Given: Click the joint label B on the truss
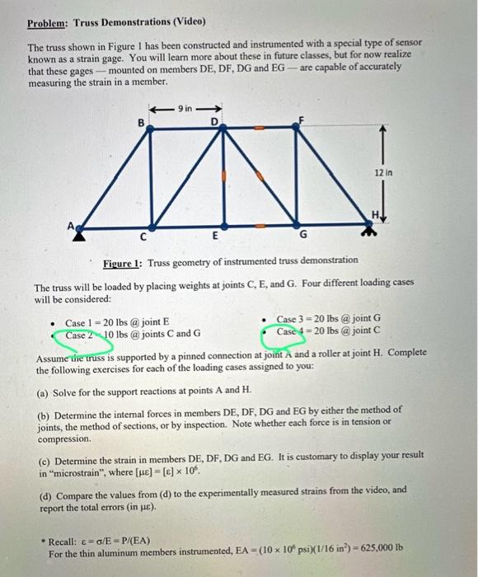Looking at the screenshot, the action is pos(141,124).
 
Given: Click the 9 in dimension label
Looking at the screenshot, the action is pos(186,107).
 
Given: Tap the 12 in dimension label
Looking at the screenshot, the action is pos(383,174).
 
